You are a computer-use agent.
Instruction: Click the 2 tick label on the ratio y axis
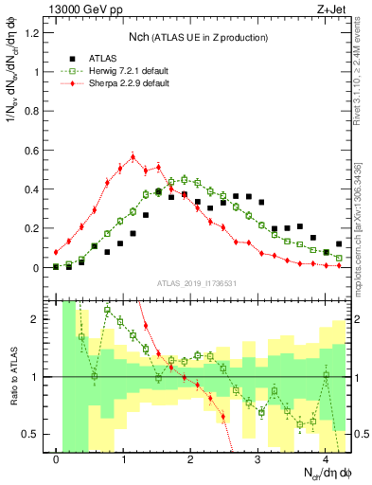click(36, 319)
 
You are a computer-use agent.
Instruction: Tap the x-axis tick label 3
click(259, 459)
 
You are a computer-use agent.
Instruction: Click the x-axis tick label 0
click(57, 459)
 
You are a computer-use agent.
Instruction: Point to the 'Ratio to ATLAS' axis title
click(14, 377)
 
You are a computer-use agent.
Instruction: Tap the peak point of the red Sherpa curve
click(133, 156)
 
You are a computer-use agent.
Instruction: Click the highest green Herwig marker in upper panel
click(184, 178)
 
